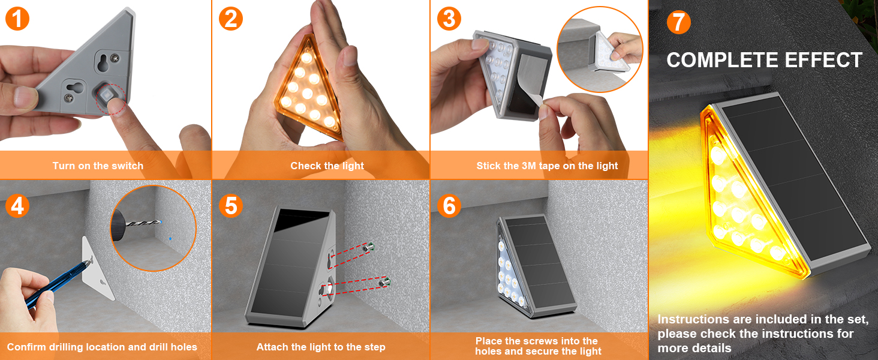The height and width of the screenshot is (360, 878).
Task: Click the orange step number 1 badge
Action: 17,19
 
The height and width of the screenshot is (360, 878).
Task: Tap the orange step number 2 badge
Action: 231,19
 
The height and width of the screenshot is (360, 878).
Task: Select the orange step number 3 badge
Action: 449,19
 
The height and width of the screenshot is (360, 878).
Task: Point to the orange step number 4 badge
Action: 17,206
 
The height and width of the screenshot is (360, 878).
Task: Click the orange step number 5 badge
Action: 231,206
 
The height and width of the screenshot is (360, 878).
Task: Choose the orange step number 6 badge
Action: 449,206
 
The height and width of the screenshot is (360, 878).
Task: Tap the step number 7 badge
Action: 678,22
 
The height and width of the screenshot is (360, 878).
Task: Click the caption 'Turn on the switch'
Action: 98,166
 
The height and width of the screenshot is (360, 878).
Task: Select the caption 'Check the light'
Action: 327,166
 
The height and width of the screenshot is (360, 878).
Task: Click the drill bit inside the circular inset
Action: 144,224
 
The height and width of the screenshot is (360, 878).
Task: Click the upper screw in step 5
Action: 369,246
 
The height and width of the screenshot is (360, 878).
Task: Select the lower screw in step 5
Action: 384,280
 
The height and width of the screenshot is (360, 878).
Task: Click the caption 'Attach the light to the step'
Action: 321,347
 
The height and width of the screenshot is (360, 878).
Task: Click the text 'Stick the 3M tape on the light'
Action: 547,166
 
